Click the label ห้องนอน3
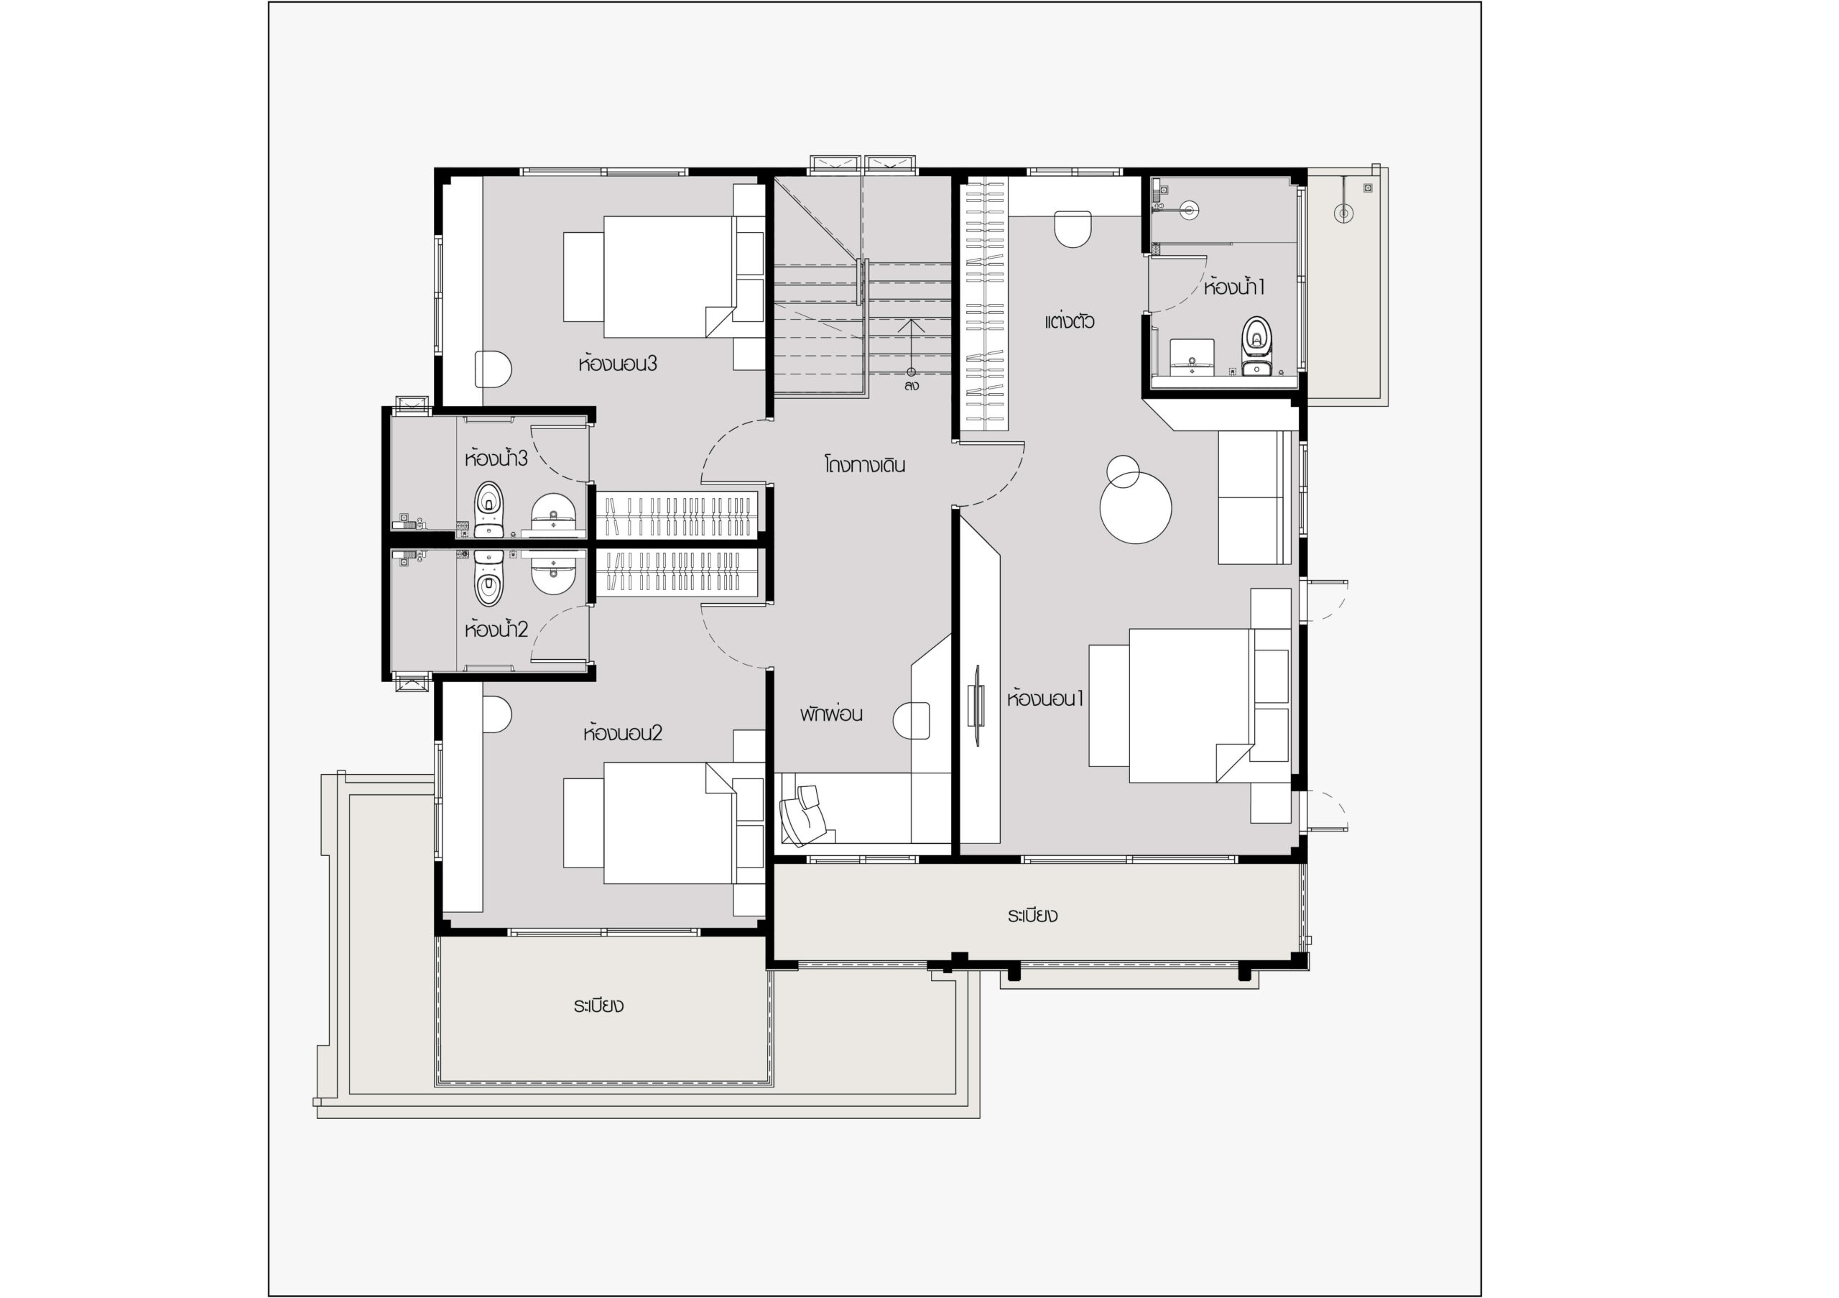click(618, 364)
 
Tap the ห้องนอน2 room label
click(622, 733)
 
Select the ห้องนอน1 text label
click(1045, 699)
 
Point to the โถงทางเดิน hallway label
click(865, 465)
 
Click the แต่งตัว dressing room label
click(1070, 321)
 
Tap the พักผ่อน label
click(831, 714)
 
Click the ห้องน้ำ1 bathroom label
click(1234, 287)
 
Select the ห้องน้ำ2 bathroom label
click(496, 629)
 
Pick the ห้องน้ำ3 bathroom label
click(496, 459)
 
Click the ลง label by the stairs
click(912, 386)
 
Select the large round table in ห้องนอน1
click(1136, 507)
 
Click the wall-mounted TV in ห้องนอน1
click(977, 705)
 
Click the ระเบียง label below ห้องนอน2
click(598, 1005)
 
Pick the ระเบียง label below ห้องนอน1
click(1032, 915)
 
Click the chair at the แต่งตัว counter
click(1073, 229)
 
